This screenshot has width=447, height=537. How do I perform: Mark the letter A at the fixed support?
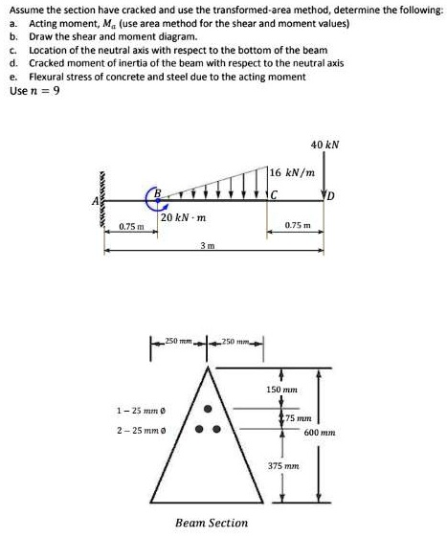pyautogui.click(x=94, y=201)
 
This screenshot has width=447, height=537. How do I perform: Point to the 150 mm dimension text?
pyautogui.click(x=281, y=391)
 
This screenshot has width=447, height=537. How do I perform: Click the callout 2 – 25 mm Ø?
pyautogui.click(x=140, y=431)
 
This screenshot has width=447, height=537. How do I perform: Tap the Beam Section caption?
pyautogui.click(x=212, y=523)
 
